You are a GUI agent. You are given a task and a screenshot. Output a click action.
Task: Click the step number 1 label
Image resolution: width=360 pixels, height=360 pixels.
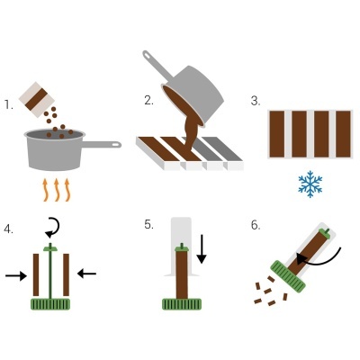click(x=8, y=104)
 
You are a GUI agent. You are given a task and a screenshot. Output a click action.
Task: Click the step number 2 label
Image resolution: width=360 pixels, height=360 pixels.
click(x=148, y=101)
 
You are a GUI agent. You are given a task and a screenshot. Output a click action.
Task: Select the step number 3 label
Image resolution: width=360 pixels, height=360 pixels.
click(x=255, y=101)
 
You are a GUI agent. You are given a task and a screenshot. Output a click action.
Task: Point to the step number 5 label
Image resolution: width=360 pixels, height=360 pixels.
click(x=149, y=225)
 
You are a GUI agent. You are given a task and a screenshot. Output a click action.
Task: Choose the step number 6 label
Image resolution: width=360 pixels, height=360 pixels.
click(x=256, y=225)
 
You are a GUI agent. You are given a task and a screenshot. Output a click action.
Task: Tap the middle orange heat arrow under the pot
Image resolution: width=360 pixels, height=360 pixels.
click(x=57, y=190)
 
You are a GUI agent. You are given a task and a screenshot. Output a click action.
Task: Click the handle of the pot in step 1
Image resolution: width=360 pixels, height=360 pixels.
click(x=101, y=144)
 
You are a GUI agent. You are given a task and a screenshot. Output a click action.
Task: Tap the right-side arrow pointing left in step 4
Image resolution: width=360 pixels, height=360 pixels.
click(x=86, y=271)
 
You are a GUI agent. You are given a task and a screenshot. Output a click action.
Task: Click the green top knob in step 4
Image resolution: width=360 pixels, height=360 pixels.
click(x=49, y=248)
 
